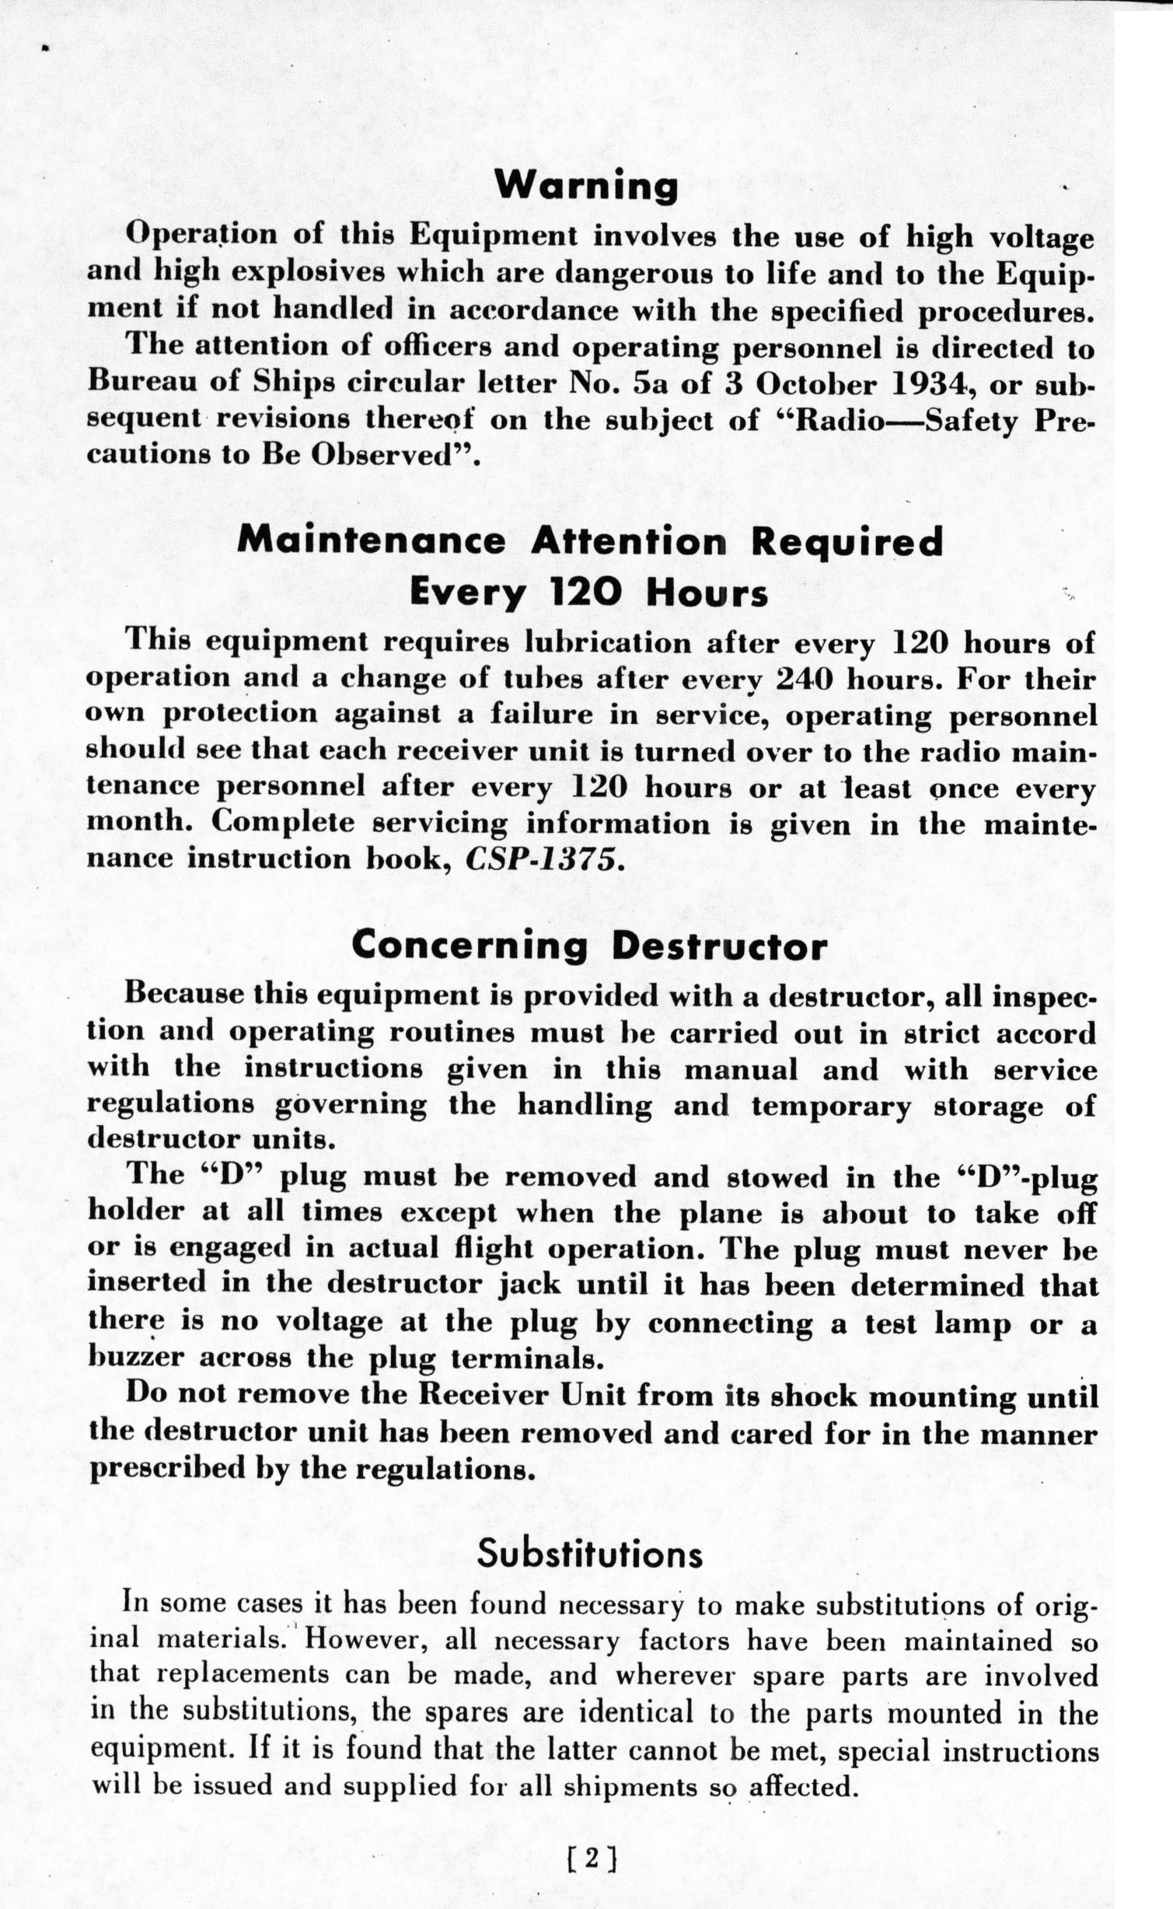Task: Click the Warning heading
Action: (x=586, y=187)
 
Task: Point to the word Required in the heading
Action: (x=847, y=542)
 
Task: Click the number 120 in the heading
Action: (x=592, y=593)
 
